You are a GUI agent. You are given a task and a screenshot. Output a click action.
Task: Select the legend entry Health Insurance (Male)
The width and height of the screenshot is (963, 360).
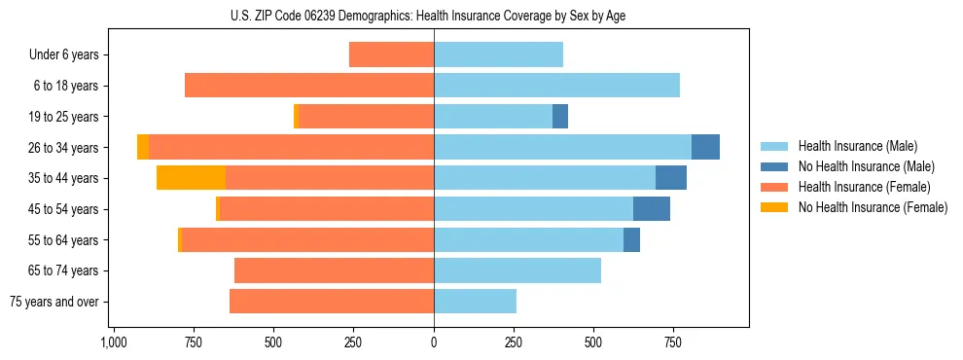click(x=851, y=147)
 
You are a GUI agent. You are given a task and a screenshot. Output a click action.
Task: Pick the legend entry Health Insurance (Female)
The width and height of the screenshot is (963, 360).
click(x=857, y=187)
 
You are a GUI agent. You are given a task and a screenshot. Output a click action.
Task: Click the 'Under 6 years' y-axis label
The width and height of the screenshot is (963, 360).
click(x=64, y=55)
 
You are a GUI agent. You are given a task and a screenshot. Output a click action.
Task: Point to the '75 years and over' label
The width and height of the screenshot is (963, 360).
click(x=54, y=302)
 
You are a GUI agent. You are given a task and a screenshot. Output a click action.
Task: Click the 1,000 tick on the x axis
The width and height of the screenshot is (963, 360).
click(x=113, y=342)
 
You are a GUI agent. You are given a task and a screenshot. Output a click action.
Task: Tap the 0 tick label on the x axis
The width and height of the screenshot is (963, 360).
click(x=434, y=342)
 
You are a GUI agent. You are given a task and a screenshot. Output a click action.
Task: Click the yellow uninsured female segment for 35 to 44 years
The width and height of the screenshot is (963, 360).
click(x=191, y=178)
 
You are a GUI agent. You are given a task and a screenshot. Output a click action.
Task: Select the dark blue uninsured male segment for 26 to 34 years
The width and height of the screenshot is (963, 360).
click(x=705, y=147)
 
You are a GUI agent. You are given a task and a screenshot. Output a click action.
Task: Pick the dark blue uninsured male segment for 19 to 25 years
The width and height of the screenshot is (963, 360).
click(x=560, y=117)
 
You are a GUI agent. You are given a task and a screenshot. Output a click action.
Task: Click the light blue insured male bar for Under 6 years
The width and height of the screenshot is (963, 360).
click(x=498, y=55)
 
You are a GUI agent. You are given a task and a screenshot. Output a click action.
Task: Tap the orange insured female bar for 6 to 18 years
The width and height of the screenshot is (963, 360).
click(x=309, y=86)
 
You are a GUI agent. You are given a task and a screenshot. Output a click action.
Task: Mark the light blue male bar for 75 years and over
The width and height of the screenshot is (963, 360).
click(x=475, y=302)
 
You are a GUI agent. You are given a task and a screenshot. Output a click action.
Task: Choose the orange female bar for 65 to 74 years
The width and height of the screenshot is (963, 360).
click(x=334, y=270)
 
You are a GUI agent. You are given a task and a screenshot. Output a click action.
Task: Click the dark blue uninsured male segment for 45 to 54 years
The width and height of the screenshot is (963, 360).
click(x=652, y=209)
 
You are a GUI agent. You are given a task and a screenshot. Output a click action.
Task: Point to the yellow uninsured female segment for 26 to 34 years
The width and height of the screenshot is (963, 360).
click(x=143, y=147)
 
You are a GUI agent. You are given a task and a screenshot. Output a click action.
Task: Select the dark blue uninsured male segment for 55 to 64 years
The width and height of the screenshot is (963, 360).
click(x=631, y=239)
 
